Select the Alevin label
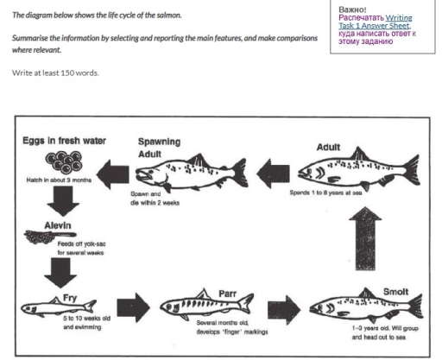pos(40,224)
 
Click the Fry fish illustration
pos(55,307)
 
